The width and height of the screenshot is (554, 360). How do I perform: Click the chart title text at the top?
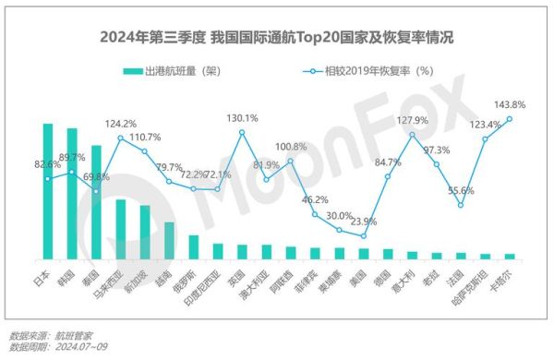pyautogui.click(x=277, y=39)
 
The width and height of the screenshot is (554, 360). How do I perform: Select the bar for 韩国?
pyautogui.click(x=71, y=194)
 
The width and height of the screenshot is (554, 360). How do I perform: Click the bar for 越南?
pyautogui.click(x=169, y=240)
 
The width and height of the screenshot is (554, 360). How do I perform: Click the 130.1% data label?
pyautogui.click(x=242, y=118)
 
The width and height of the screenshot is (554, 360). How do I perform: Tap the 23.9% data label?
pyautogui.click(x=364, y=222)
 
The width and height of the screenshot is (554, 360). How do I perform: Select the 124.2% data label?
pyautogui.click(x=120, y=124)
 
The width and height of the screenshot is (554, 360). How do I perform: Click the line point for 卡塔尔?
pyautogui.click(x=510, y=118)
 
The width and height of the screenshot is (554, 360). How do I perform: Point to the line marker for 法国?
pyautogui.click(x=461, y=205)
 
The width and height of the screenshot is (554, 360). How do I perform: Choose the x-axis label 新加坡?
pyautogui.click(x=139, y=276)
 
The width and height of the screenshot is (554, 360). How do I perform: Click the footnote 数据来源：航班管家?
pyautogui.click(x=51, y=335)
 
